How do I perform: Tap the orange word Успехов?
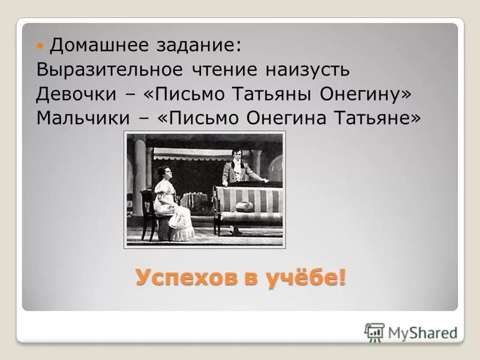(183, 278)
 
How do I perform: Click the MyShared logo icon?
(374, 332)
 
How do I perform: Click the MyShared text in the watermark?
(422, 332)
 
